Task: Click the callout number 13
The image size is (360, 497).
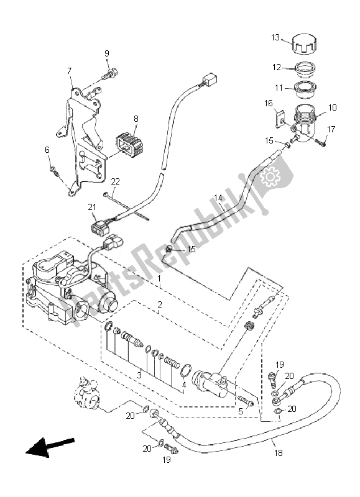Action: point(275,37)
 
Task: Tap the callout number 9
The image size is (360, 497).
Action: point(106,53)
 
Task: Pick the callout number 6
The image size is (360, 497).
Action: point(46,150)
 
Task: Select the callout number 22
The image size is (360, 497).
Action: point(115,181)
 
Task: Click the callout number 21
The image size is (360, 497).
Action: point(91,207)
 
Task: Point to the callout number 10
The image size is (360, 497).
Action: point(332,107)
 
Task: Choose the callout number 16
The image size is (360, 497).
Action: point(269,103)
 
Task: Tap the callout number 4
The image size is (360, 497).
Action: point(183,385)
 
